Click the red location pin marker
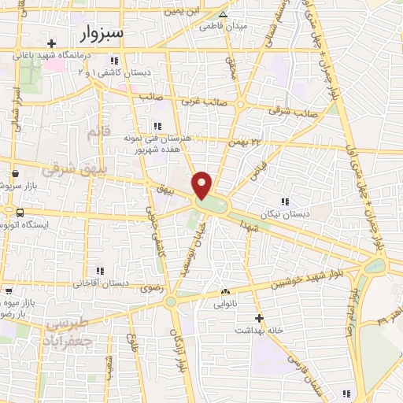(202, 185)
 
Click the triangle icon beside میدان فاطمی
(222, 14)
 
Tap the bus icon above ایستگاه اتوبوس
(19, 213)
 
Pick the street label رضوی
(151, 290)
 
